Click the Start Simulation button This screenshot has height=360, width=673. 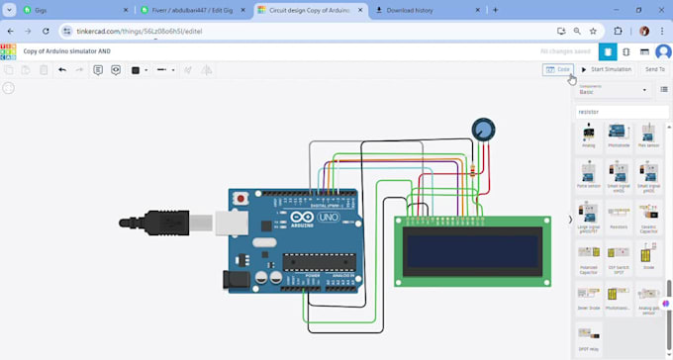tap(607, 69)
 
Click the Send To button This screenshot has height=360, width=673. tap(654, 69)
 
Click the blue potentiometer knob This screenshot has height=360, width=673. tap(483, 129)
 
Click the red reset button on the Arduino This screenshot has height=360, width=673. tap(240, 199)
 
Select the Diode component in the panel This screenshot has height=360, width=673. tap(648, 257)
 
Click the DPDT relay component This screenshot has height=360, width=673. tap(589, 336)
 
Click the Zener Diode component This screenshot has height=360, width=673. tap(589, 297)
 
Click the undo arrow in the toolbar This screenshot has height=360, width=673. tap(62, 70)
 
